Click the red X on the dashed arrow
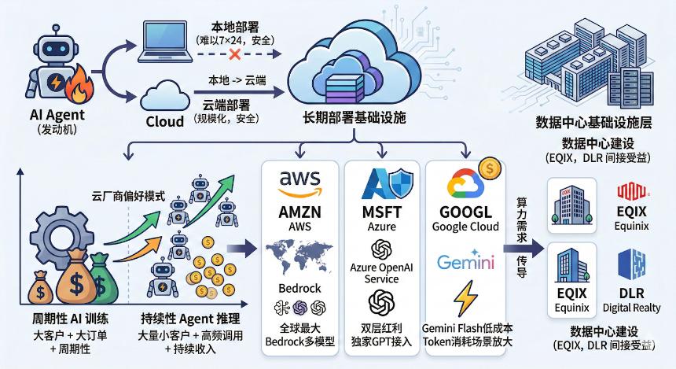[x=233, y=55]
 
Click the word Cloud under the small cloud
[x=164, y=121]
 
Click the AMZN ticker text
[x=301, y=212]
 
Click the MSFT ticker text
[x=382, y=212]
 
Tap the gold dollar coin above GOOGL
[x=490, y=168]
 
